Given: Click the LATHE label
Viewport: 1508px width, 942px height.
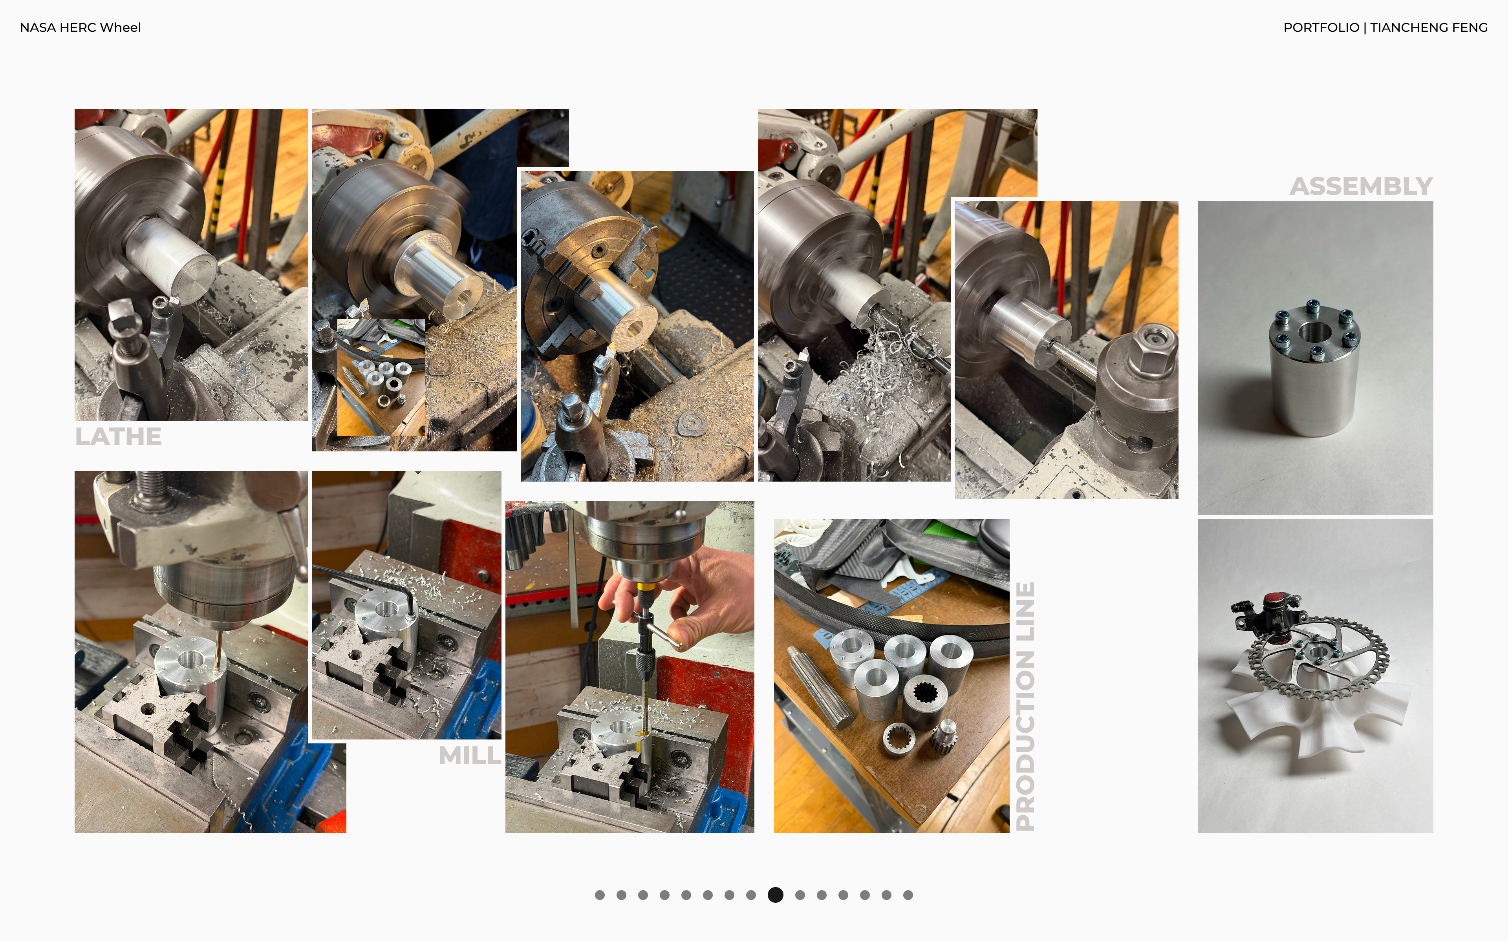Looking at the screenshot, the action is [x=118, y=437].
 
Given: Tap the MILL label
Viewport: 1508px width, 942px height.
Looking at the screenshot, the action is [x=470, y=756].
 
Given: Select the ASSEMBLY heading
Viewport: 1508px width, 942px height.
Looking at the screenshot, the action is [x=1361, y=186].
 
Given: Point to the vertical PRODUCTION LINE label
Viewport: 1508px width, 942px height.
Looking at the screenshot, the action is [x=1025, y=706].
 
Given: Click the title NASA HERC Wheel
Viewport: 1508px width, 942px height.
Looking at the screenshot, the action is [x=81, y=27].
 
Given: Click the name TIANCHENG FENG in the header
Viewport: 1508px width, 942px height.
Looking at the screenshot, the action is [x=1429, y=27].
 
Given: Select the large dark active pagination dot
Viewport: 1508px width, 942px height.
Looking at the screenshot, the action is [x=775, y=895].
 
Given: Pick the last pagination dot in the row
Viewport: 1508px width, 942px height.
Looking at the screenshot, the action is [x=908, y=895].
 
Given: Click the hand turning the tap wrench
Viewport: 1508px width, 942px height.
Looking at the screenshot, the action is [x=692, y=598].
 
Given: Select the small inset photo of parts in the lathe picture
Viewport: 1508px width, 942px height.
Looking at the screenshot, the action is [x=381, y=378].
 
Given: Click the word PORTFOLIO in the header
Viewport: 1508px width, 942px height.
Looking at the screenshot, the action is [x=1321, y=27].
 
